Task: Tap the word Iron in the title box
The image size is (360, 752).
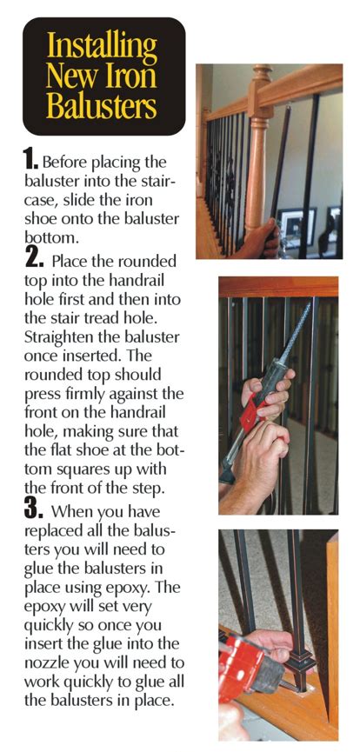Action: click(133, 77)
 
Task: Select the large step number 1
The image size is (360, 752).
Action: click(30, 157)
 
